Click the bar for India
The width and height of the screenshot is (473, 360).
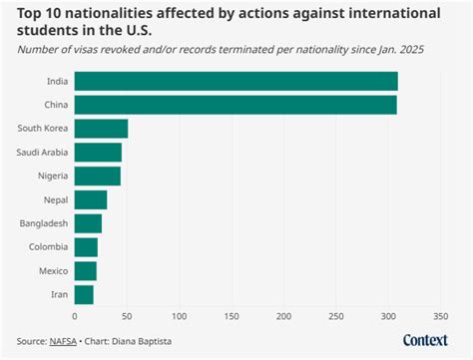click(x=236, y=81)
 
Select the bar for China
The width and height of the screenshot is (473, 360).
click(x=236, y=105)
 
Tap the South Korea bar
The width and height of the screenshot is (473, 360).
click(x=101, y=128)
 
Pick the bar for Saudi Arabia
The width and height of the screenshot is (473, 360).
click(x=98, y=152)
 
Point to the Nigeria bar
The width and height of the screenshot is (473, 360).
click(x=97, y=176)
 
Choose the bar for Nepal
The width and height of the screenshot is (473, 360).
click(x=90, y=199)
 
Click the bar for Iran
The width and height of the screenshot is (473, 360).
click(x=84, y=294)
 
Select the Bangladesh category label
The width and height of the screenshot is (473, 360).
click(x=41, y=223)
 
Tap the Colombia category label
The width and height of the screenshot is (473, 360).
click(x=46, y=247)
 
